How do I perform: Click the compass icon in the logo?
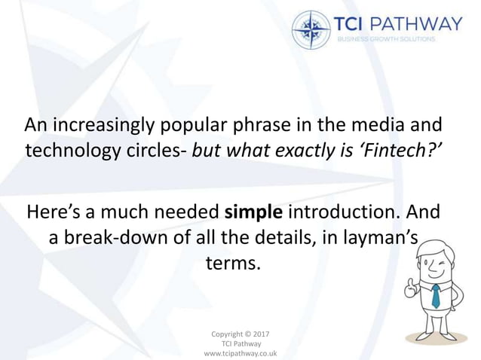coord(311,29)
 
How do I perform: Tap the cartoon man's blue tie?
coord(435,295)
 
